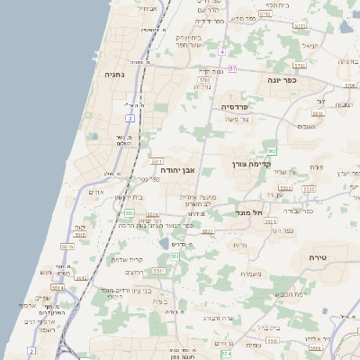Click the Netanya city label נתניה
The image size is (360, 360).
click(114, 75)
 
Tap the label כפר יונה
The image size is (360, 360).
click(282, 80)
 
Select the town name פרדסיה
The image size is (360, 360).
click(239, 106)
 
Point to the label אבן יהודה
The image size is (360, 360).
click(177, 169)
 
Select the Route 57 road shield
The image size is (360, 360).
click(232, 68)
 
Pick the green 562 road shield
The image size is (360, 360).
click(271, 150)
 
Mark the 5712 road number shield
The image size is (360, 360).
click(265, 14)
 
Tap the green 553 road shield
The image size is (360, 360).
click(130, 212)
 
